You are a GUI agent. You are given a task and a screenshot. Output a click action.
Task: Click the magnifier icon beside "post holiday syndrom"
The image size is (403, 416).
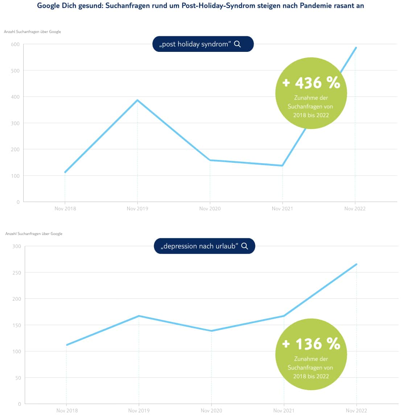tap(238, 44)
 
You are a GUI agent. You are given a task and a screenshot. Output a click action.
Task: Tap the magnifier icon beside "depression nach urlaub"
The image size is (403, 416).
tap(245, 246)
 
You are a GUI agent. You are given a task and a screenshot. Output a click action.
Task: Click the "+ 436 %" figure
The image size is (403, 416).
tap(311, 83)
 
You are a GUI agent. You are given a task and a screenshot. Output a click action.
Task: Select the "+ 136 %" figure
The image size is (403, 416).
tap(311, 344)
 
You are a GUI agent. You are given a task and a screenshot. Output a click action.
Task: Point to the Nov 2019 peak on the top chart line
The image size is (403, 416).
tap(137, 100)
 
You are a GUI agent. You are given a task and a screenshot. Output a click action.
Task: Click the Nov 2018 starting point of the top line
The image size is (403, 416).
tap(65, 172)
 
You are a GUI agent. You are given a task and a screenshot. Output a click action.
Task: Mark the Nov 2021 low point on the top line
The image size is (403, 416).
tap(283, 166)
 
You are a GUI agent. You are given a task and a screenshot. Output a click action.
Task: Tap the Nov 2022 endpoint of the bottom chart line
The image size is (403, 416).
tap(357, 264)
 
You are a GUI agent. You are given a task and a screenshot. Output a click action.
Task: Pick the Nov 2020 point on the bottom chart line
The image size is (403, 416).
tap(211, 331)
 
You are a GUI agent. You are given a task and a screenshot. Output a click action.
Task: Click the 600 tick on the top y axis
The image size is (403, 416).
tap(15, 44)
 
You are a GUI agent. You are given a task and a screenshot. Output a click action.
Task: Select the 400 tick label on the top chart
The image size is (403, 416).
tap(15, 97)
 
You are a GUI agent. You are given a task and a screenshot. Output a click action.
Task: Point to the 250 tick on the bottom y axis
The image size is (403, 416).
tap(17, 272)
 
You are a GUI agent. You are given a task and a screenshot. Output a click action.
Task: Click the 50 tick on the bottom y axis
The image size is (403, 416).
tap(18, 378)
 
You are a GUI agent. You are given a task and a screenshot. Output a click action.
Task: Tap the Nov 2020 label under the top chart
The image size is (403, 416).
tap(210, 209)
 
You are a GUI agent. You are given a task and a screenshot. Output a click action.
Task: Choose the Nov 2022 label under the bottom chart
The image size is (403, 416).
tap(357, 411)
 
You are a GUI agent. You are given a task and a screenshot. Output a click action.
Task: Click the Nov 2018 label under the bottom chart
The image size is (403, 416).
tap(67, 411)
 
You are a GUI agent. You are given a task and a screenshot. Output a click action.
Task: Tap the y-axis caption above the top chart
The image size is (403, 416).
tap(32, 32)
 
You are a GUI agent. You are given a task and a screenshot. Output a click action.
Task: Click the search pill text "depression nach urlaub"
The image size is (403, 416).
tap(200, 246)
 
